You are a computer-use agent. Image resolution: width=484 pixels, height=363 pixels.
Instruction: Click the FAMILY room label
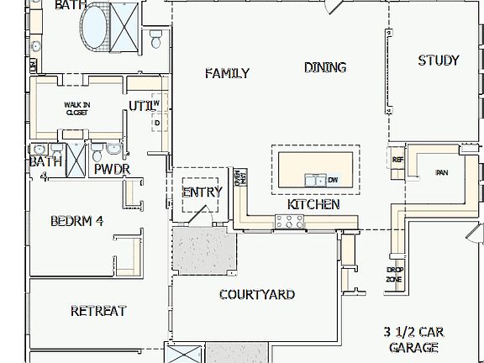click(227, 74)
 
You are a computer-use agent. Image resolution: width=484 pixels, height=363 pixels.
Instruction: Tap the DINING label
click(325, 67)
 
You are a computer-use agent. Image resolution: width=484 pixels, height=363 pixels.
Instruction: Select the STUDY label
click(438, 60)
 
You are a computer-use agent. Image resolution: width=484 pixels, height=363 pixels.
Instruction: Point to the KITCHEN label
click(313, 204)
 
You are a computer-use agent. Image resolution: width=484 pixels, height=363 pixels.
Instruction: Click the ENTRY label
click(202, 192)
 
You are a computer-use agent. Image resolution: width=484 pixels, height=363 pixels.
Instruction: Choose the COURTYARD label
click(256, 294)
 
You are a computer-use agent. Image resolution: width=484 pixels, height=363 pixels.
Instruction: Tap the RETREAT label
click(97, 311)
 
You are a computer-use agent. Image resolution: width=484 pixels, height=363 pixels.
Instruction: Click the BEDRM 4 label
click(76, 222)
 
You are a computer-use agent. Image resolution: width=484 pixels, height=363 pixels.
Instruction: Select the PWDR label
click(112, 169)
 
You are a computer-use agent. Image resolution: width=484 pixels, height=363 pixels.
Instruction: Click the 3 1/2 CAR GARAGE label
click(413, 339)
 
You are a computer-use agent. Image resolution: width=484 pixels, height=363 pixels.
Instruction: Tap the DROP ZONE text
click(394, 274)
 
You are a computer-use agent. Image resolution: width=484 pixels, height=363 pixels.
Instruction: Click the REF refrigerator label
click(397, 159)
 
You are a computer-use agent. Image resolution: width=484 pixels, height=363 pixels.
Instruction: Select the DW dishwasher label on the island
click(333, 180)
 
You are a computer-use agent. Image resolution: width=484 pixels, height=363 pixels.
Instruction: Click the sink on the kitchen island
click(314, 180)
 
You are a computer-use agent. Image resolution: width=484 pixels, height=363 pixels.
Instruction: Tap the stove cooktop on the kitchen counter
click(289, 222)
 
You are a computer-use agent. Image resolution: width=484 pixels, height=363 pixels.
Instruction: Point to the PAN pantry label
click(441, 173)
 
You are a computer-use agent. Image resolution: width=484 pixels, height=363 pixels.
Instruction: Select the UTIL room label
click(139, 106)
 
